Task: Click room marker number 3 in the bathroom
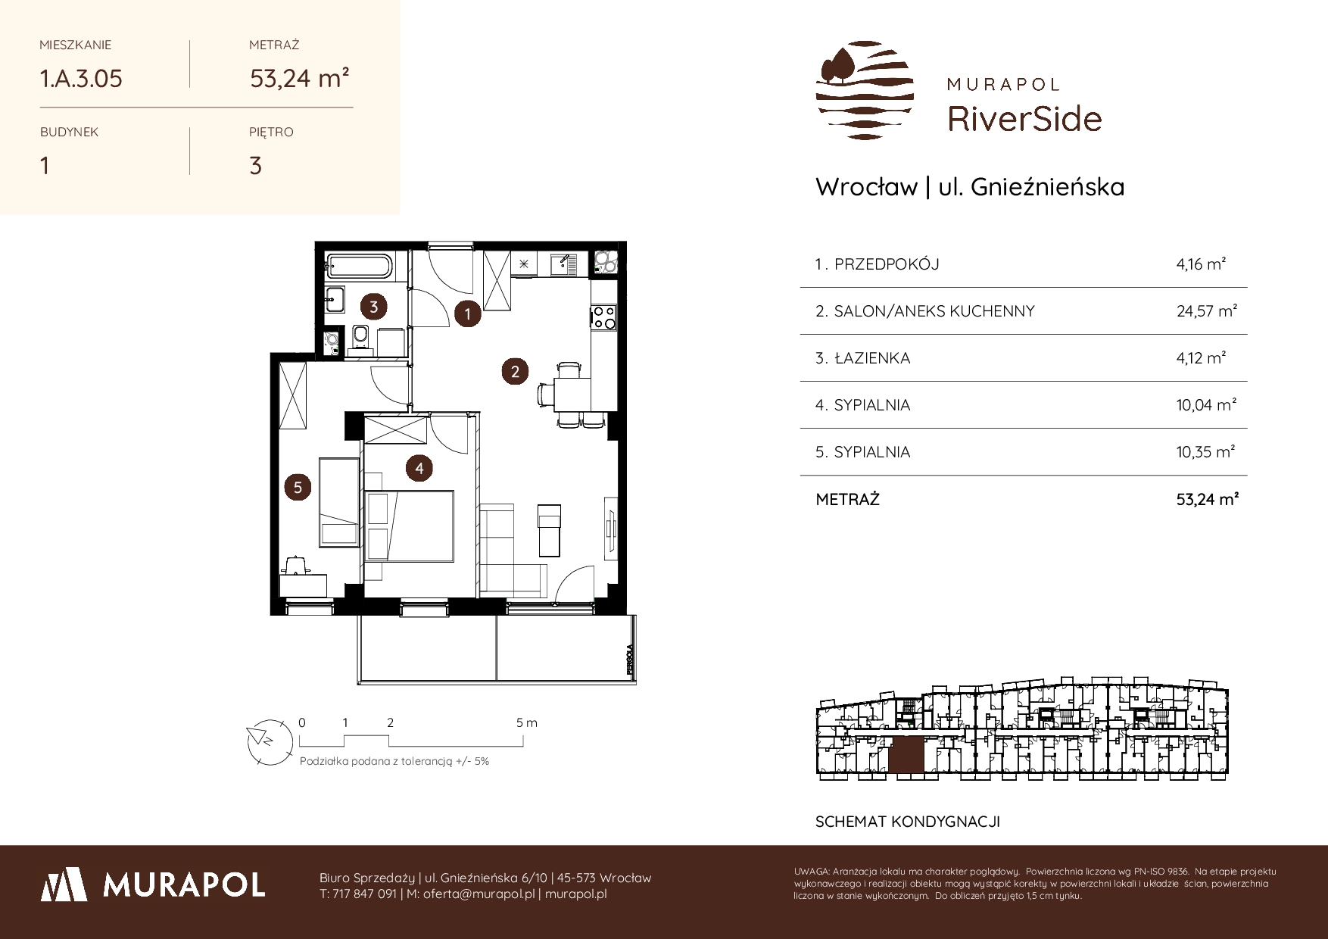pos(373,307)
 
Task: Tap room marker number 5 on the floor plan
pos(298,488)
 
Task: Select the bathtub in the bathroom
pos(360,267)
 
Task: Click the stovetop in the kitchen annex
pos(603,317)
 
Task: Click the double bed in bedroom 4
pos(410,526)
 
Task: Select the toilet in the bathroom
pos(360,338)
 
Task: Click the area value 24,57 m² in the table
pos(1206,310)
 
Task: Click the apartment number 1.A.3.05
pos(81,79)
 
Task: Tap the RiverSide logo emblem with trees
pos(865,90)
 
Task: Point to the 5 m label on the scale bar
pos(527,722)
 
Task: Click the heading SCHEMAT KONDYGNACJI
pos(908,822)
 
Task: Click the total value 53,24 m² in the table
pos(1207,499)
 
